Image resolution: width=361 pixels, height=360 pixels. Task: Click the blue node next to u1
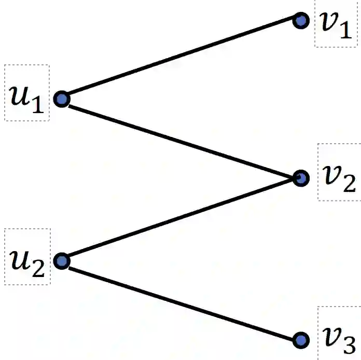(62, 99)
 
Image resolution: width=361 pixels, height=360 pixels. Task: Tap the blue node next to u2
(62, 261)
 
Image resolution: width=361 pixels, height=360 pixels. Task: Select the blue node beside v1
(300, 21)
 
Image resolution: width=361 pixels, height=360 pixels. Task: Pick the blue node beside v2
(300, 178)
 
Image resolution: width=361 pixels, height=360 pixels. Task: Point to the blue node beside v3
(300, 340)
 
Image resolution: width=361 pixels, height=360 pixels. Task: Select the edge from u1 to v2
(181, 139)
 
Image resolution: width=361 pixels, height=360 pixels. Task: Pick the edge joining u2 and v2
(181, 219)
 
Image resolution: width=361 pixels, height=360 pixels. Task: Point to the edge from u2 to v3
(181, 301)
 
